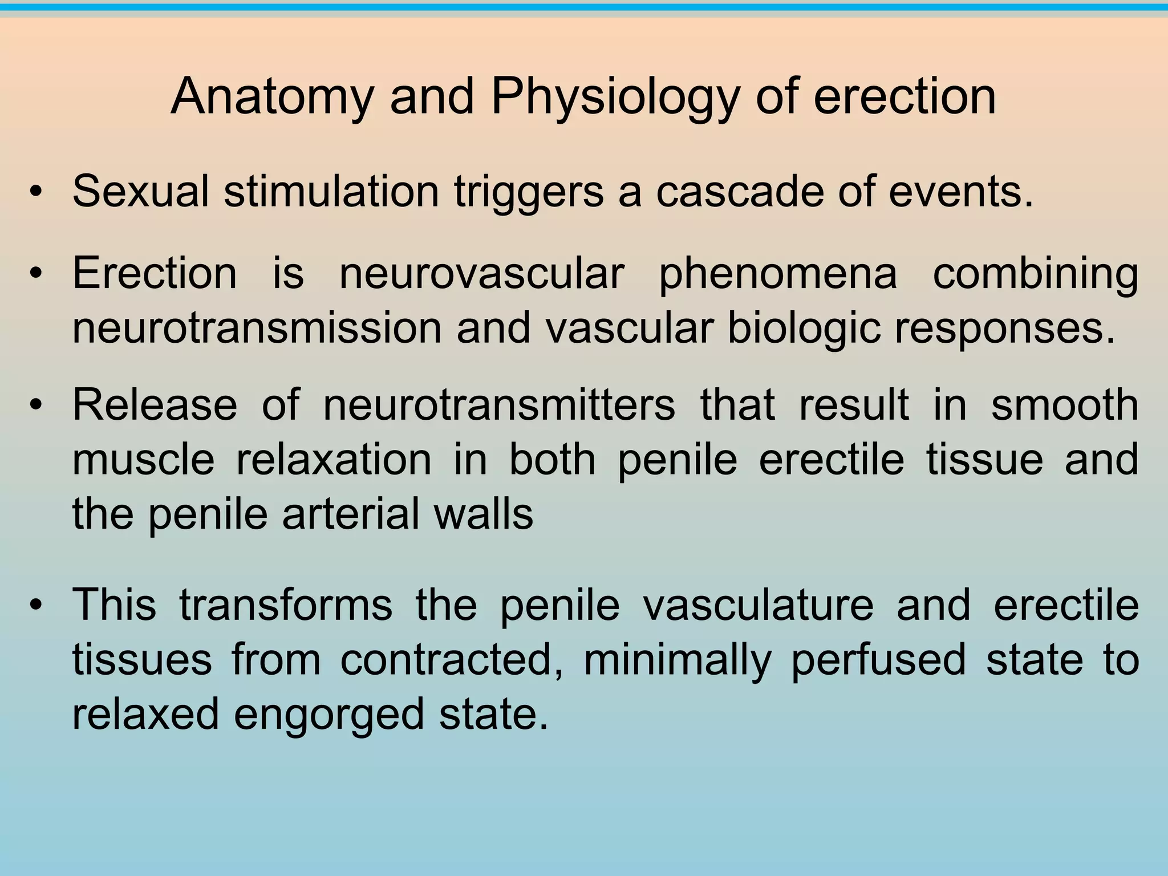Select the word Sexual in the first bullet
point(140,192)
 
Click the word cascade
point(739,192)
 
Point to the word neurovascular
point(482,274)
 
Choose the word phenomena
point(778,274)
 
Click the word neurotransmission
point(257,329)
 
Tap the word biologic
point(804,329)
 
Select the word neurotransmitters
point(499,405)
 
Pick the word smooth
point(1065,405)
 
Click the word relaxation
point(334,460)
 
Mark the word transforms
point(286,605)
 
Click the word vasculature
point(758,605)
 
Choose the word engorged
point(329,715)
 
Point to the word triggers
point(529,192)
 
